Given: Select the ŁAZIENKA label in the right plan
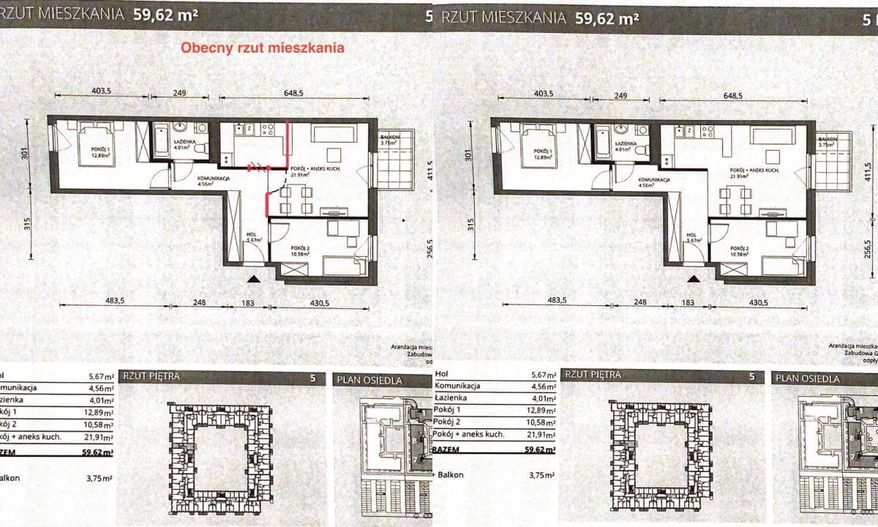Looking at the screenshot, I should click(x=624, y=143).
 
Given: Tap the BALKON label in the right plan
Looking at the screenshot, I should click(x=828, y=140).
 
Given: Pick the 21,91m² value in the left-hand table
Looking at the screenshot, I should click(x=100, y=437).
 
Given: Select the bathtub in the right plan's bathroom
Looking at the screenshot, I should click(x=601, y=142).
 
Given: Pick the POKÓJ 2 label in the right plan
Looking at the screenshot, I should click(x=743, y=250).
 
